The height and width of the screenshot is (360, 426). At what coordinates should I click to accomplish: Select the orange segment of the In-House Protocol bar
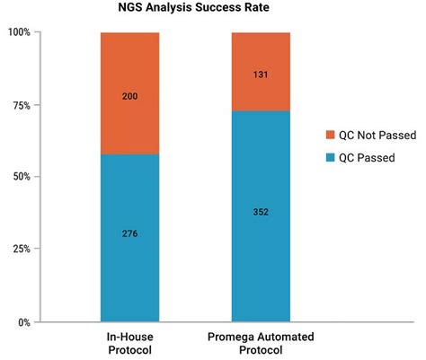[x=129, y=93]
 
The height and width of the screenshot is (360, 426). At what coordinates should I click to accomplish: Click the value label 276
[x=129, y=233]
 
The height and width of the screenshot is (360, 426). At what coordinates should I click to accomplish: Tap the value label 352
[x=261, y=213]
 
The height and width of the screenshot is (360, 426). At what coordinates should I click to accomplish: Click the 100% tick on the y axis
[x=18, y=32]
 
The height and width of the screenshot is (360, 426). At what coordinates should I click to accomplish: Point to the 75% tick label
[x=21, y=105]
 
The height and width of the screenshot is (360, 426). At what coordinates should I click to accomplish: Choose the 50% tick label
[x=21, y=177]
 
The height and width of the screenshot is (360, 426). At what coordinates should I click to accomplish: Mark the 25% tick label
[x=21, y=249]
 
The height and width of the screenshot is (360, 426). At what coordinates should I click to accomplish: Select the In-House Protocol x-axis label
[x=129, y=343]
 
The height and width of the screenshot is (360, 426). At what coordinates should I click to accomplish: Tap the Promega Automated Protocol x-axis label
[x=261, y=343]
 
